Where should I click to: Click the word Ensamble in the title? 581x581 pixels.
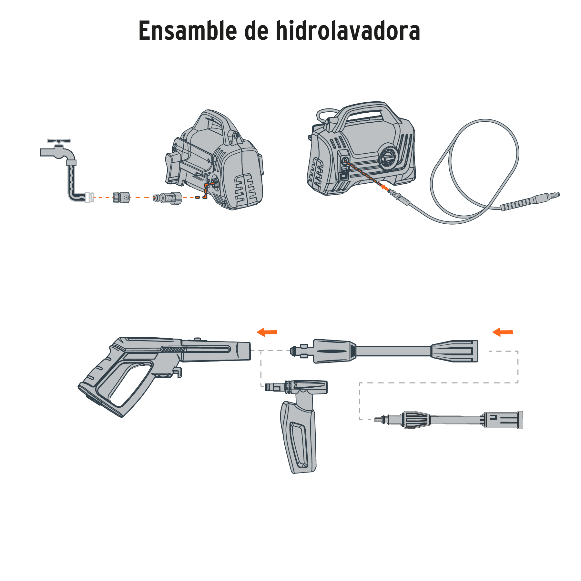point(188,31)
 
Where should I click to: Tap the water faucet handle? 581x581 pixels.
point(58,141)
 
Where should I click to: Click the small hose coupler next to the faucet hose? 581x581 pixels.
point(121,197)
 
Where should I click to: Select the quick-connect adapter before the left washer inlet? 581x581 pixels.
point(168,198)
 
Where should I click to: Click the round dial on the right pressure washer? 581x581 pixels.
point(389,158)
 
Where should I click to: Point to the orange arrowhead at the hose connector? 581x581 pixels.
point(383,186)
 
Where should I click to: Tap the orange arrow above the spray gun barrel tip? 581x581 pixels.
point(267,332)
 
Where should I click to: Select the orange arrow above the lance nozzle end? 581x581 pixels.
point(503,332)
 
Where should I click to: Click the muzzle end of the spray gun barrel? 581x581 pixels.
point(244,351)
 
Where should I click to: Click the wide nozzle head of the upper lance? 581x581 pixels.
point(455,351)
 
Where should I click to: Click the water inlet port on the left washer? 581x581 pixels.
point(215,184)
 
